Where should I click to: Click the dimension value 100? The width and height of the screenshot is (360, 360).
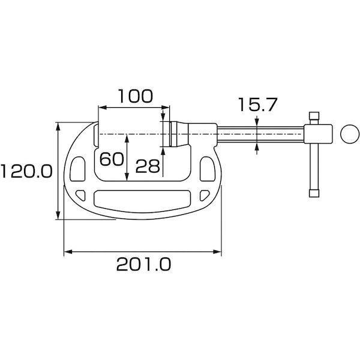(x=135, y=96)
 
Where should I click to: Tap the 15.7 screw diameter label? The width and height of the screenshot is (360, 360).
(x=257, y=106)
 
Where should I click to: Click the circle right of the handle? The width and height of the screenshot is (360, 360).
(x=347, y=134)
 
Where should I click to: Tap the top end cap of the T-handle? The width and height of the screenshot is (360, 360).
(x=313, y=115)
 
